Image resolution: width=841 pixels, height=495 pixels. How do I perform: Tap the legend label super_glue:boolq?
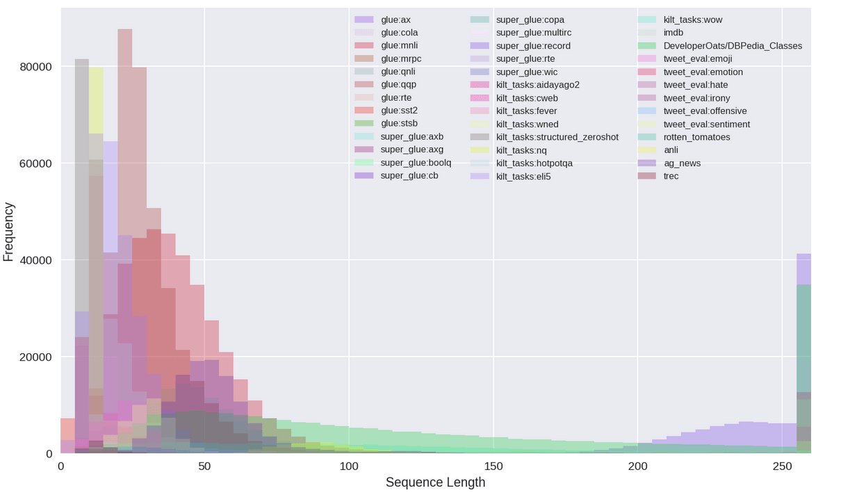point(416,163)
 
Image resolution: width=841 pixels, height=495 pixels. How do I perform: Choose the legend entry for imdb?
point(673,33)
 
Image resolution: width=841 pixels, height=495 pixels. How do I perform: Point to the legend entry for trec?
point(671,176)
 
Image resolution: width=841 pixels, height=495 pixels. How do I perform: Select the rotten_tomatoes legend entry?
point(696,137)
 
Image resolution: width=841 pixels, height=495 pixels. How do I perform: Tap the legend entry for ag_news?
point(682,163)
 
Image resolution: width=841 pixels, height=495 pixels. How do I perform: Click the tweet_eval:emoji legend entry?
point(698,58)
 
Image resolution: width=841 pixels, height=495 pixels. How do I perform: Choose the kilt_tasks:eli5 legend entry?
point(523,176)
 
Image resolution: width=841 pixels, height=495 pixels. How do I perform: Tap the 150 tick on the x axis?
point(493,465)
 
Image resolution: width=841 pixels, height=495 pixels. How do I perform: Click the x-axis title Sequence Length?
point(435,482)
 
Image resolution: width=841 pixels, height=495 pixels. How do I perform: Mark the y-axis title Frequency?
point(9,232)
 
